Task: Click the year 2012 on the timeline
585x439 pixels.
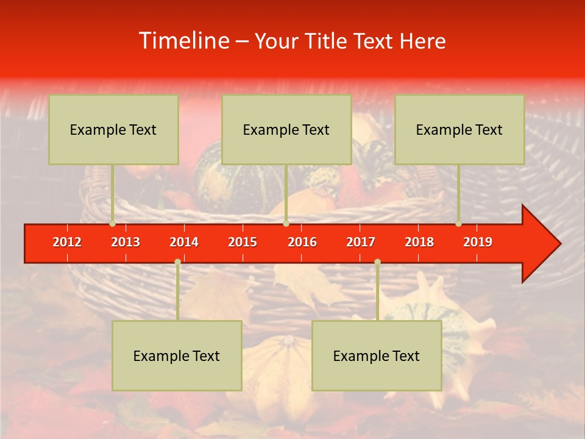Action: tap(67, 242)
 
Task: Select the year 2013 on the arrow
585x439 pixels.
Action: tap(126, 242)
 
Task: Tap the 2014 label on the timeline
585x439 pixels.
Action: tap(184, 242)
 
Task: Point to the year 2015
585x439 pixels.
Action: tap(243, 242)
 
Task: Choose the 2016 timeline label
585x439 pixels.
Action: tap(302, 242)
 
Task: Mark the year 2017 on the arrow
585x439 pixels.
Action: tap(361, 242)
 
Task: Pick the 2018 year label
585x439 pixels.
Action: tap(419, 242)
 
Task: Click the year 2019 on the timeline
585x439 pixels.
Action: tap(478, 242)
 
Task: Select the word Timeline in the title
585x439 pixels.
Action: tap(183, 41)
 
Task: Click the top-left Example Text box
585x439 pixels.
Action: tap(113, 129)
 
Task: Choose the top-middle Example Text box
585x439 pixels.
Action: tap(286, 129)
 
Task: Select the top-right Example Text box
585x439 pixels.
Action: tap(459, 129)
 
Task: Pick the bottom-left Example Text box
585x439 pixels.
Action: tap(177, 355)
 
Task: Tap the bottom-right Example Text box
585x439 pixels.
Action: tap(377, 355)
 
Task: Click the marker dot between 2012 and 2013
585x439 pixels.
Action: tap(112, 224)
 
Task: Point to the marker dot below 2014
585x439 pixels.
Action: tap(177, 262)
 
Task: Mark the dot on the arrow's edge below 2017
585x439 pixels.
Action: tap(377, 262)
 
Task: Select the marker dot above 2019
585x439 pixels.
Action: tap(458, 224)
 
